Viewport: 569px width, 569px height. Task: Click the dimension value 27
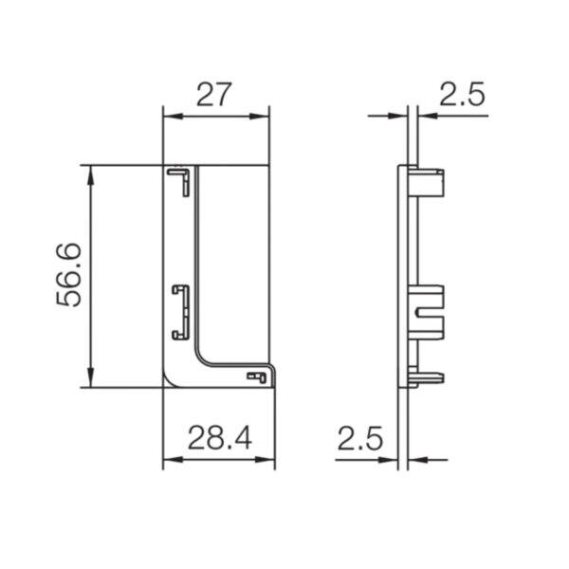[x=213, y=94]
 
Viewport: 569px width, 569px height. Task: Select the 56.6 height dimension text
[x=68, y=275]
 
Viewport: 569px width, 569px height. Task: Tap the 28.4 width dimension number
[x=220, y=437]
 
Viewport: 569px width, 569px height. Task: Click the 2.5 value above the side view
[x=462, y=94]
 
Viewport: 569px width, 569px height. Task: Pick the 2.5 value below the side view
[x=360, y=438]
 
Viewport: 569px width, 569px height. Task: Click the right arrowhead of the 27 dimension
[x=260, y=117]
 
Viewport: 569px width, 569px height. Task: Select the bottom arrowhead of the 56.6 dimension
[x=91, y=377]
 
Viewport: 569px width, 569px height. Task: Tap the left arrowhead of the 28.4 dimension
[x=173, y=459]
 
